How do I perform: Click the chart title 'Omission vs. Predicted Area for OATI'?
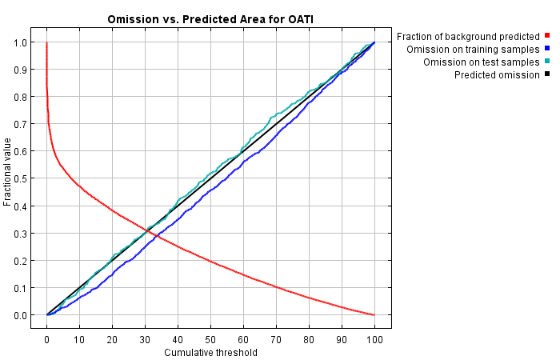210,18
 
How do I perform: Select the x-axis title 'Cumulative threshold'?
210,352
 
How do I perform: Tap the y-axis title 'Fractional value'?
8,172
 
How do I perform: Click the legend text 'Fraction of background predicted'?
468,36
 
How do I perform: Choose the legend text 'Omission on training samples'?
473,50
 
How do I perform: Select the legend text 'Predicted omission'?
497,75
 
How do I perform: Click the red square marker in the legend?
547,36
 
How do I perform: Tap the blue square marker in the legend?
547,50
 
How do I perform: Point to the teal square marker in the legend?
547,62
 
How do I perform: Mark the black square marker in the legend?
547,75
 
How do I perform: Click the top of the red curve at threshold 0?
47,43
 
